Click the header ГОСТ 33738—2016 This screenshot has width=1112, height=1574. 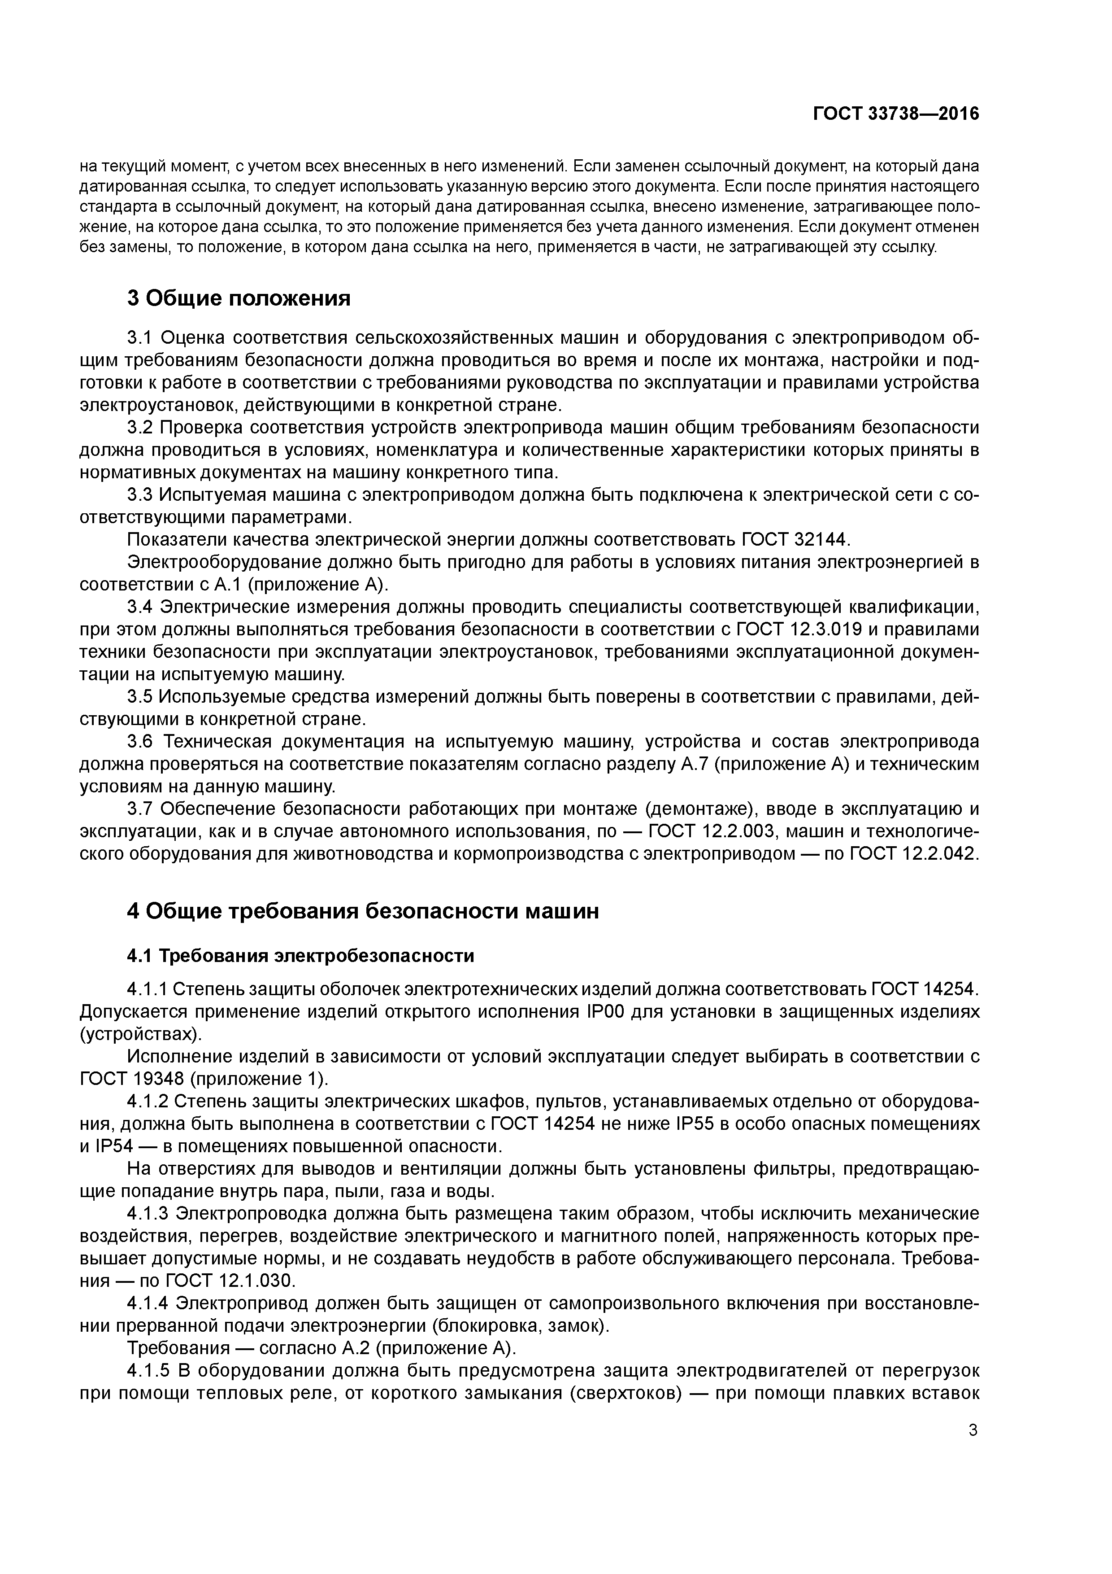click(x=895, y=114)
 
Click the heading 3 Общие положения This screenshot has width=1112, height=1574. click(x=239, y=298)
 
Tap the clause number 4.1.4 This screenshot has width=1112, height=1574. click(x=148, y=1303)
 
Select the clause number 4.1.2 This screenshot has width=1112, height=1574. click(x=148, y=1102)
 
